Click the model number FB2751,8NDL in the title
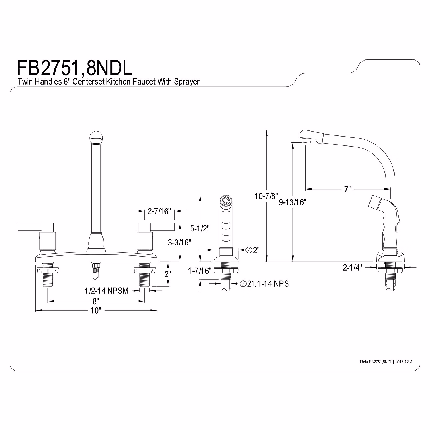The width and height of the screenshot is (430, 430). [75, 68]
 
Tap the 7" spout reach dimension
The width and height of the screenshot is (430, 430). [347, 189]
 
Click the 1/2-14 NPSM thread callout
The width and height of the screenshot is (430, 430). [106, 291]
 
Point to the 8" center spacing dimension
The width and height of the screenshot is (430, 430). [96, 300]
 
